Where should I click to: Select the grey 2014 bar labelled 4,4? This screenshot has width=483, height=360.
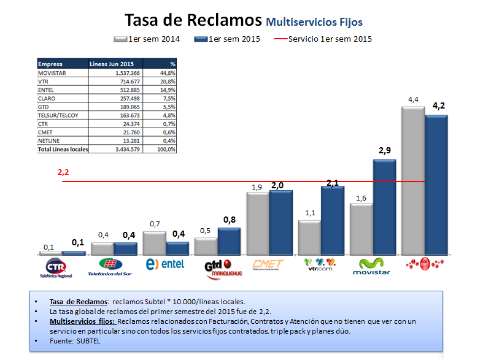point(412,181)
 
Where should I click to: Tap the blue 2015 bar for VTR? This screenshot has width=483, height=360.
point(333,221)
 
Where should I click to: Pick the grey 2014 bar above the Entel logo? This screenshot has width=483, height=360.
point(153,243)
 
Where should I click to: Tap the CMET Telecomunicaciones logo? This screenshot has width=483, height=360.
point(268,266)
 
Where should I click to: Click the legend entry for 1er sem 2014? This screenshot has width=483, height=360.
point(147,39)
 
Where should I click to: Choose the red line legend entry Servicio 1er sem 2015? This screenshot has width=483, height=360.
point(323,39)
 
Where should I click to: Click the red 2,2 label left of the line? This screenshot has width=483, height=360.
point(63,173)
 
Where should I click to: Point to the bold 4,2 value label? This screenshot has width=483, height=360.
point(439,105)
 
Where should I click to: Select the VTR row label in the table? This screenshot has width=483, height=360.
point(43,81)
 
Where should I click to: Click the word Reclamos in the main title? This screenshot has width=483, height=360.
point(222,20)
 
